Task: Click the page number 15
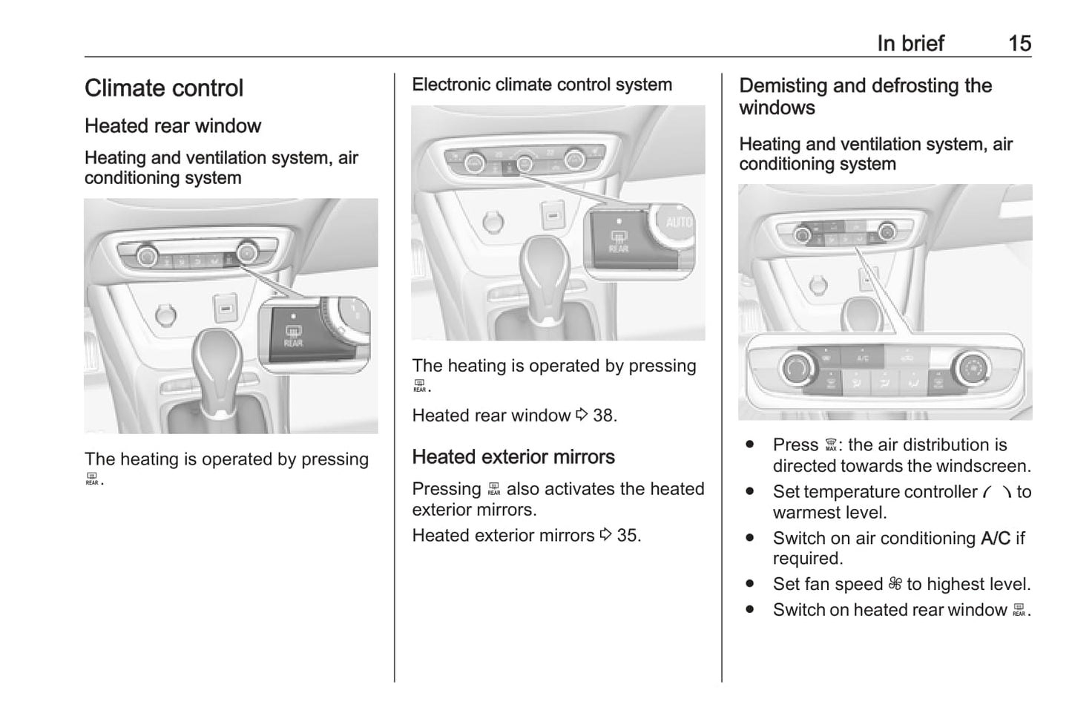click(x=1019, y=43)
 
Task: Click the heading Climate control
click(x=164, y=88)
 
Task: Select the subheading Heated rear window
click(x=173, y=126)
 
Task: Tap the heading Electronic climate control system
click(x=542, y=85)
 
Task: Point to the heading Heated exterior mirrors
click(x=513, y=457)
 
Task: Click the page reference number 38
click(x=604, y=416)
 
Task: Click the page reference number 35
click(x=628, y=535)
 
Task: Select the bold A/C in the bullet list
click(x=995, y=538)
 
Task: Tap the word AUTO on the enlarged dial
click(x=678, y=222)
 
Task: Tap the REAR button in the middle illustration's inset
click(x=618, y=242)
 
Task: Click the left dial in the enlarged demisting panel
click(x=797, y=367)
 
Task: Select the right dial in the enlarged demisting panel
click(x=973, y=367)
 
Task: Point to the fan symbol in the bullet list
click(x=895, y=585)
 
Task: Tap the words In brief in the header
click(x=910, y=43)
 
